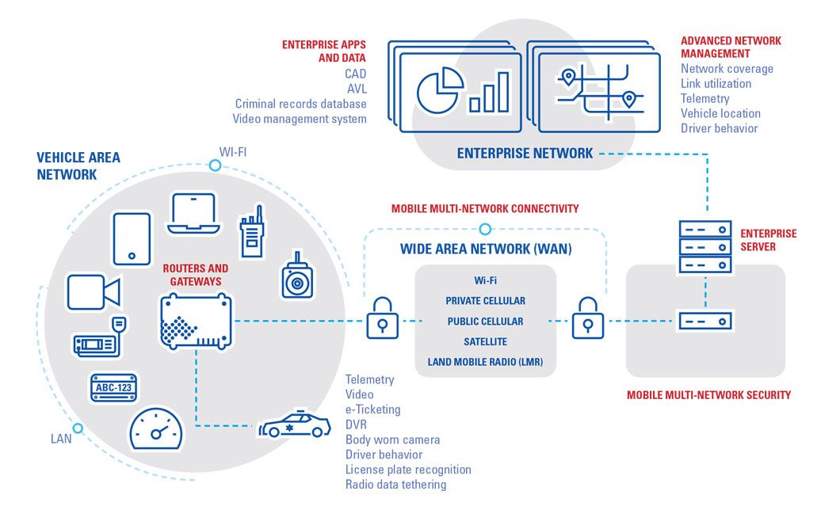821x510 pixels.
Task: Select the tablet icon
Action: pos(132,238)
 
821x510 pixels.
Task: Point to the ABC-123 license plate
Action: pos(113,387)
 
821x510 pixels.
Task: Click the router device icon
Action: pos(196,321)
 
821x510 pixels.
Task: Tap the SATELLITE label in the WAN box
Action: pos(485,342)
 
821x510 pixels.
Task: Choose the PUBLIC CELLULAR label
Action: pos(485,322)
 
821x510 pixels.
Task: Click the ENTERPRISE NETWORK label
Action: pos(525,154)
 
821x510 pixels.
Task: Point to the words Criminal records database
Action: pos(300,104)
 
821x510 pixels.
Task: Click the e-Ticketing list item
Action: pos(372,409)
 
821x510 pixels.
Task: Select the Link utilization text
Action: pos(716,83)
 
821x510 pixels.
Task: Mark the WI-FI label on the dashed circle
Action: pos(232,150)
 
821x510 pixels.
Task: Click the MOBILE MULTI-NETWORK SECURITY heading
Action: pos(708,394)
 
